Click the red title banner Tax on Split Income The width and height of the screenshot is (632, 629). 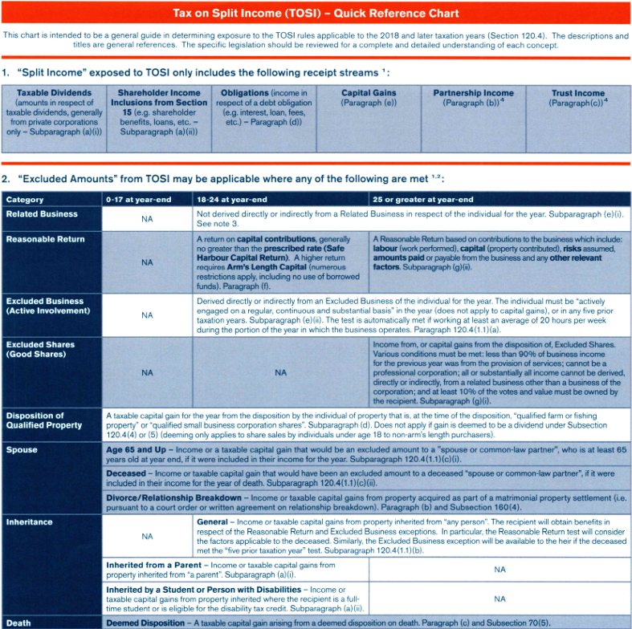coord(316,14)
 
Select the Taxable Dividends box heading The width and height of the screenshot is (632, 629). coord(54,93)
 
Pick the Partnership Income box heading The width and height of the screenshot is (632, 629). coord(474,93)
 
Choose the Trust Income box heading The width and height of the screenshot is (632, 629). coord(578,93)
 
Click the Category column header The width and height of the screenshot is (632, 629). coord(25,199)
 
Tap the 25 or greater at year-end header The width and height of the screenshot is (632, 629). coord(423,199)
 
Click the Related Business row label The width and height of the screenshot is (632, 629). coord(42,214)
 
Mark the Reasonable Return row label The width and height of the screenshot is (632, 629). coord(45,239)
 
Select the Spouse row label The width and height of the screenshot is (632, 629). coord(22,450)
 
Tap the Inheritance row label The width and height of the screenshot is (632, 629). coord(30,522)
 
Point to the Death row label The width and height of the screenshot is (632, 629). coord(18,623)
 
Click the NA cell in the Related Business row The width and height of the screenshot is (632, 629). coord(147,219)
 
